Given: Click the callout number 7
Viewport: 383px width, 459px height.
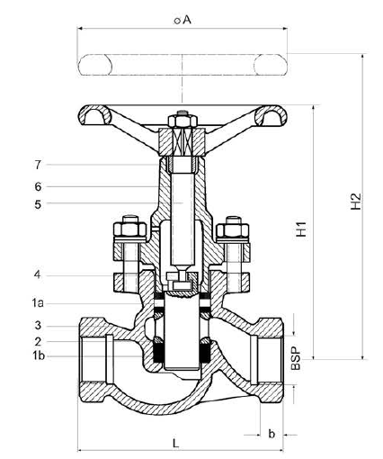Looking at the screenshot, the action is (38, 165).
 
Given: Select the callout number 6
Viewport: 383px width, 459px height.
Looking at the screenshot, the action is (38, 187).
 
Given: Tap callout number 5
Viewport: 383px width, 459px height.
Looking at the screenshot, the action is (38, 204).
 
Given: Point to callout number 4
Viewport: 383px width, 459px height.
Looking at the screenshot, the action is (37, 274).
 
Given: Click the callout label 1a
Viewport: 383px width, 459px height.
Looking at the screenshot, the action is (38, 303).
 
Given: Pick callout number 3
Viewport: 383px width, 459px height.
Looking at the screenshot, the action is (38, 325).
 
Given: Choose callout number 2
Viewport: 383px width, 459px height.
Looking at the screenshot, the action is (38, 341).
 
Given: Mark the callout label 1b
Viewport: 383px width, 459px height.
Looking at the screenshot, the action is (39, 355).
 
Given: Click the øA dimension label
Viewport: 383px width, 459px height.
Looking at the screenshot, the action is (183, 20).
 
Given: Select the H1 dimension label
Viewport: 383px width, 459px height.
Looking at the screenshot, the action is (301, 229).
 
